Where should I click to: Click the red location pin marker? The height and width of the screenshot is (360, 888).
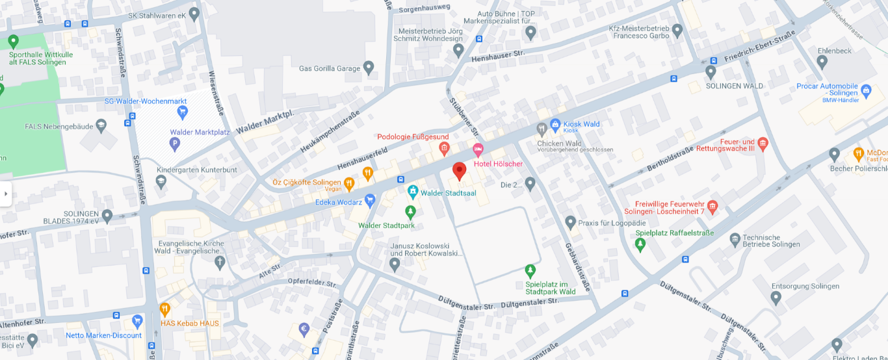tap(460, 170)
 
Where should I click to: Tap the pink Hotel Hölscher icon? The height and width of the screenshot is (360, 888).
tap(478, 150)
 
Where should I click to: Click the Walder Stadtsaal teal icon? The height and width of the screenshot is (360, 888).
tap(412, 192)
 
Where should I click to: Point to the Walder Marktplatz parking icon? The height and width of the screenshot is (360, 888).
tap(174, 144)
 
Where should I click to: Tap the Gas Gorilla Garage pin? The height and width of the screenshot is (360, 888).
tap(369, 67)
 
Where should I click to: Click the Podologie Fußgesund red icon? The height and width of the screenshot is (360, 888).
tap(445, 149)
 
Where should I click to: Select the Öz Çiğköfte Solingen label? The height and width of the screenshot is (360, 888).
tap(307, 183)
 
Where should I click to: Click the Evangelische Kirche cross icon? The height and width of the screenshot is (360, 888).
tap(220, 262)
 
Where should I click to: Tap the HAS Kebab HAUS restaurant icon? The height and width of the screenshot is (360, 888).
tap(165, 309)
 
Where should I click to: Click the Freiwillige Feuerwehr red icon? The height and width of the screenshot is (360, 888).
tap(712, 207)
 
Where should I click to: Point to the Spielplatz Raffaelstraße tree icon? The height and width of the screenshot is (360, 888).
tap(640, 244)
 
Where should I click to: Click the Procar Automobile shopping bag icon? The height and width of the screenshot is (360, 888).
tap(866, 88)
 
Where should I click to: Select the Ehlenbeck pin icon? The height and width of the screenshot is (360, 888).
tap(822, 62)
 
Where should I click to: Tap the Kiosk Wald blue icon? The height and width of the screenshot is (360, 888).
tap(555, 124)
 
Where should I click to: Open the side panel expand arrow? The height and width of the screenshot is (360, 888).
tap(6, 193)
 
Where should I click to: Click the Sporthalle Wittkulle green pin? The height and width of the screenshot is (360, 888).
tap(13, 42)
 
